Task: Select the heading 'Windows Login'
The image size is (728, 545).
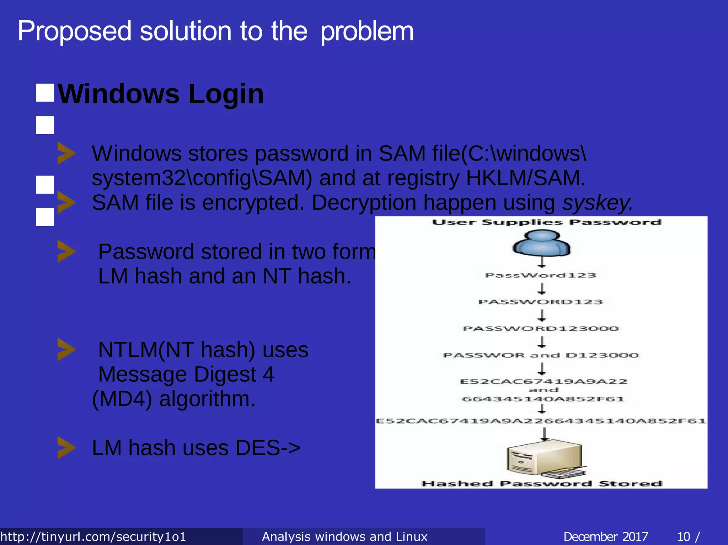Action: (x=161, y=94)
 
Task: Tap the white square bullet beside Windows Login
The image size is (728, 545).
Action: (x=45, y=93)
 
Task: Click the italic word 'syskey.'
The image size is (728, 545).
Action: (x=598, y=203)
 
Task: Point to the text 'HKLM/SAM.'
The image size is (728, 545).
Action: (x=525, y=178)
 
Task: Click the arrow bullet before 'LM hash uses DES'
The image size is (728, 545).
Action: (x=66, y=448)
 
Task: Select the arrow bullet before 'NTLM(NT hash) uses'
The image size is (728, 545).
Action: (x=66, y=350)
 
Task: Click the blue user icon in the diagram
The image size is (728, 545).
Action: (x=541, y=243)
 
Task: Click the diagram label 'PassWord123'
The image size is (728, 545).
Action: (x=541, y=275)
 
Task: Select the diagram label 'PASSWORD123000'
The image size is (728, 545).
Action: (x=541, y=329)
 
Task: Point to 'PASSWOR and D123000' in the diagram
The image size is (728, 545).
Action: (x=541, y=355)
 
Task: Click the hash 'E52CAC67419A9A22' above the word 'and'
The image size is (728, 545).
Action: (x=544, y=382)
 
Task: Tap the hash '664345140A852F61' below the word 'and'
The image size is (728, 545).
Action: (x=544, y=399)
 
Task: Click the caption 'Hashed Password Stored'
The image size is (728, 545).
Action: (x=542, y=484)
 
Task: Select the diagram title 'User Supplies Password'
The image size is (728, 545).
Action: (x=546, y=222)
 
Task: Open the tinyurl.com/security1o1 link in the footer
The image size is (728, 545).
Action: (x=93, y=536)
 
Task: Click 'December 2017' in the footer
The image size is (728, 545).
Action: (x=605, y=536)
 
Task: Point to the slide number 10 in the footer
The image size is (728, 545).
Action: (x=684, y=536)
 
